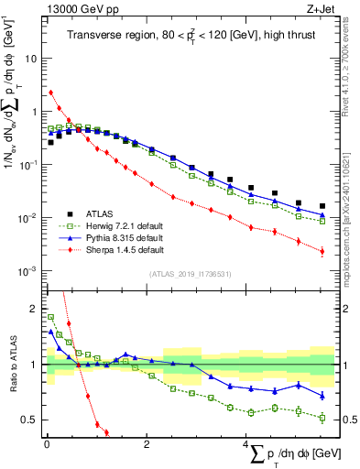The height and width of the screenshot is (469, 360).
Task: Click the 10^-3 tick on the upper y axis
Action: click(27, 271)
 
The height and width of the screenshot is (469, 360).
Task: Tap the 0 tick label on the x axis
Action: click(46, 444)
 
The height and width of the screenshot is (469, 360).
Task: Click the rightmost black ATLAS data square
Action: click(322, 206)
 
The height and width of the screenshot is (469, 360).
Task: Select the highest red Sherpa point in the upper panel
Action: click(51, 92)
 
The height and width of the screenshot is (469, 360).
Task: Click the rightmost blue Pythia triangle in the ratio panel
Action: click(322, 396)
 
